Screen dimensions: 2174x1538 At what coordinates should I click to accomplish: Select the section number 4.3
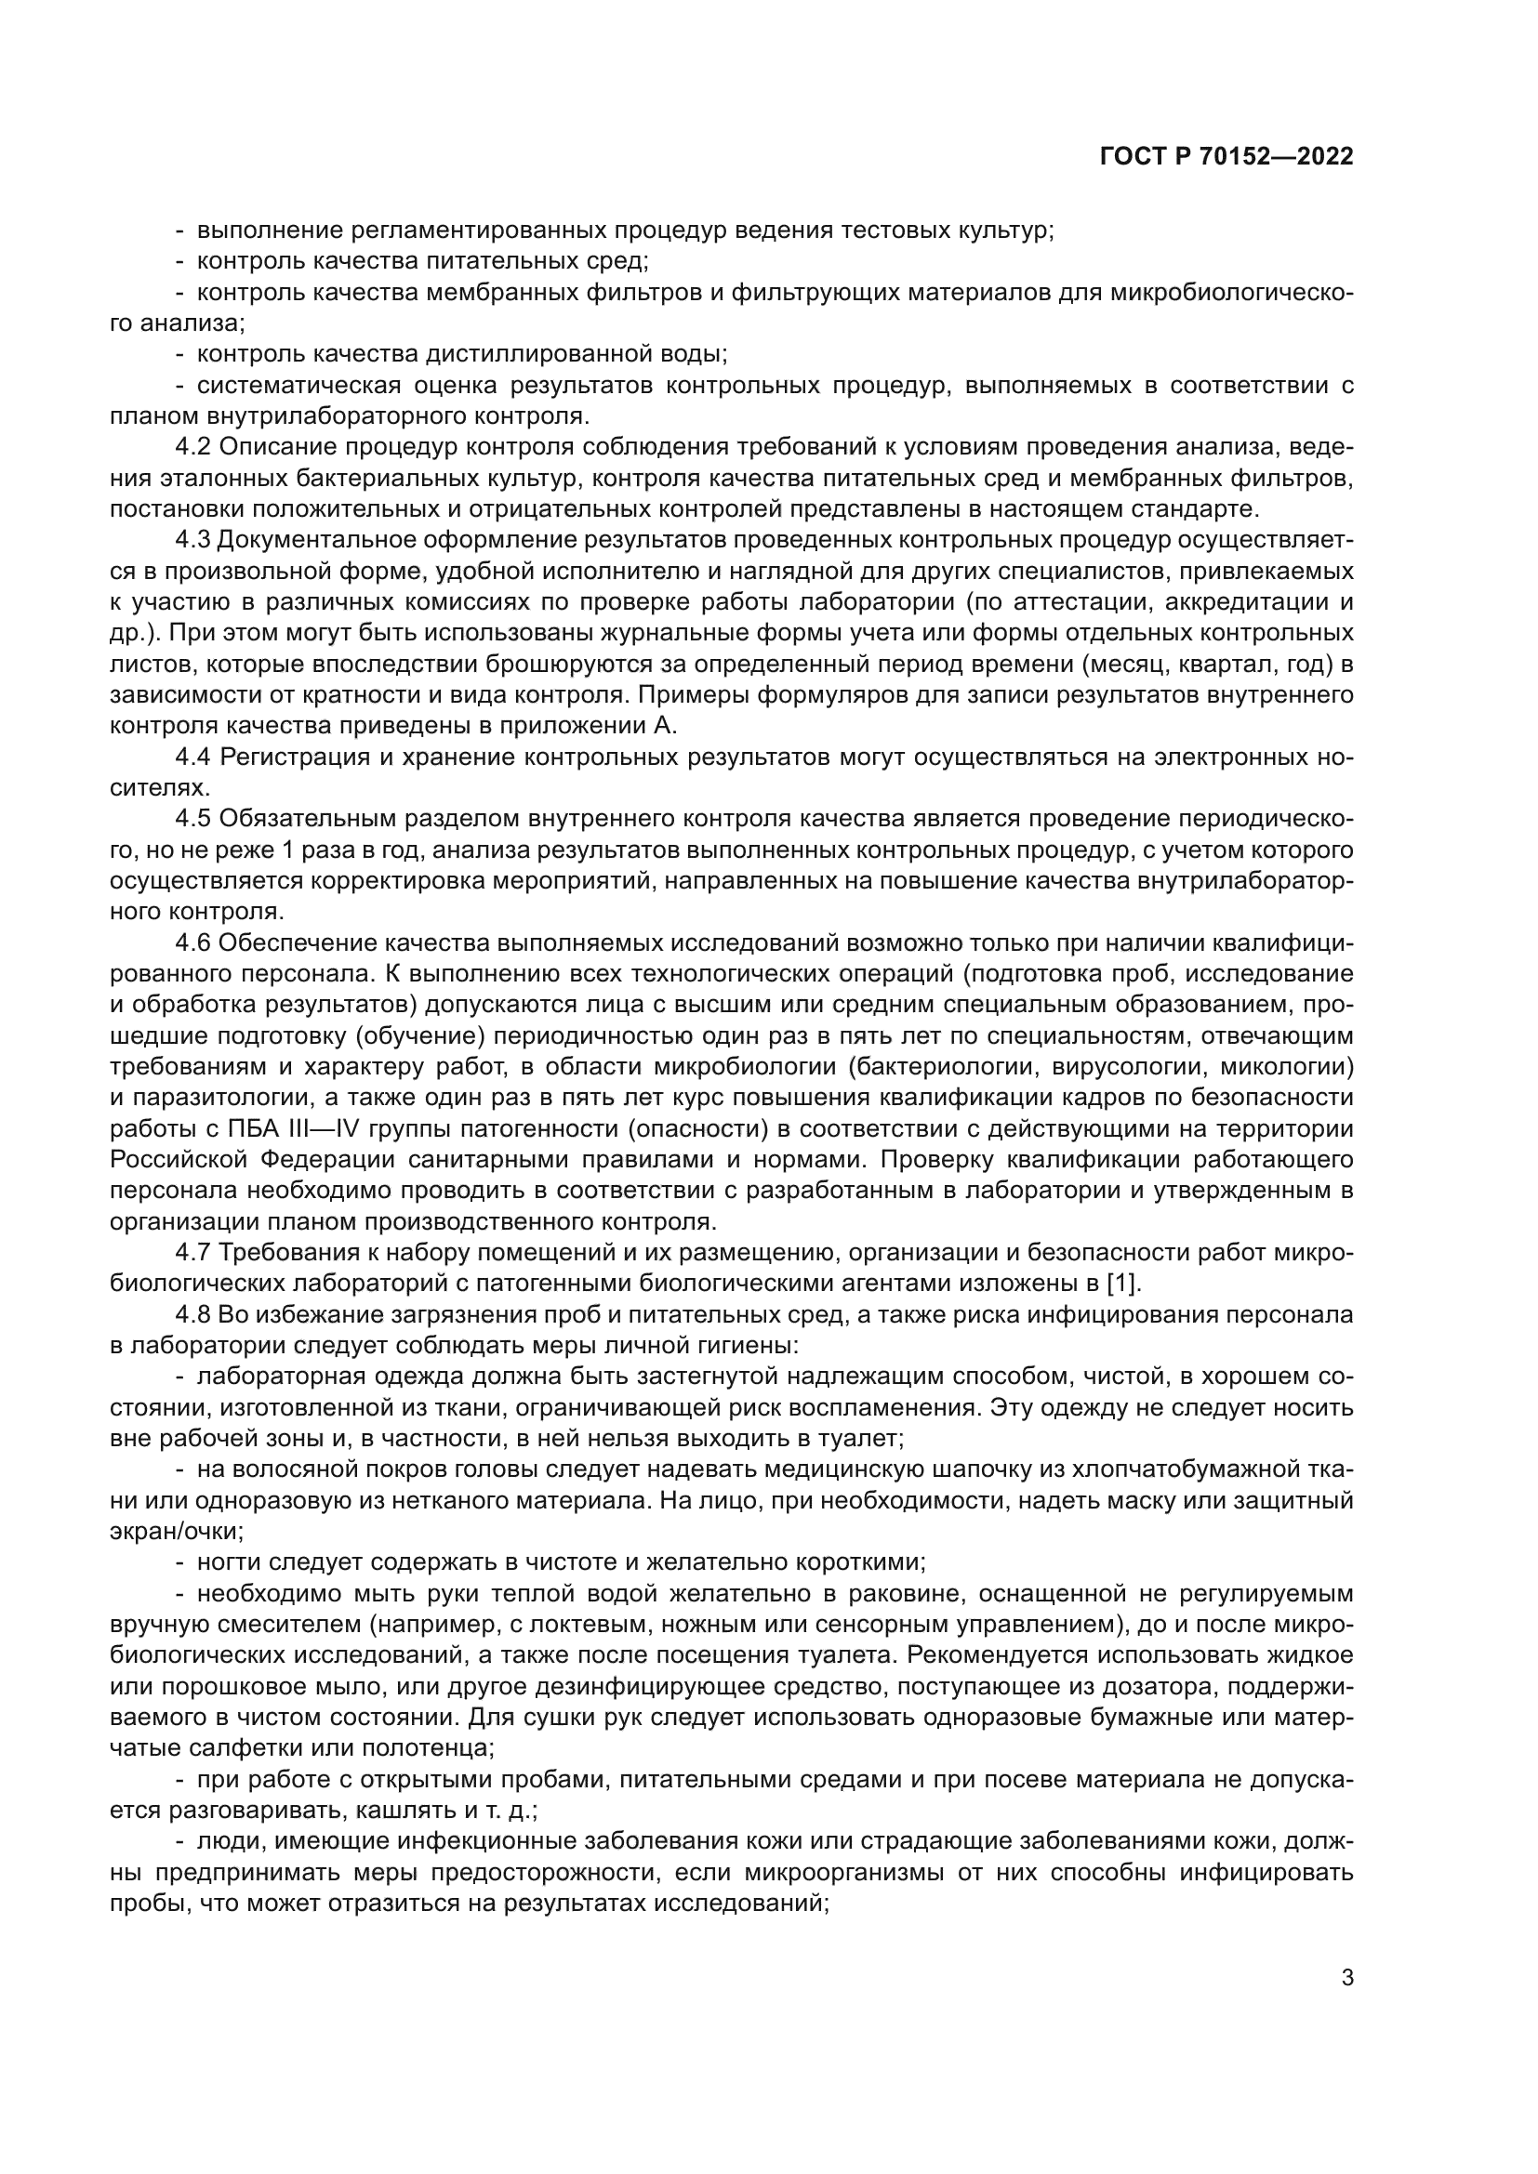(194, 540)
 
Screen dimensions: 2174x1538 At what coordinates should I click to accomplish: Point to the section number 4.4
(194, 757)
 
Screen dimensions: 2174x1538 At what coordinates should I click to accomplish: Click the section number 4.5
(194, 819)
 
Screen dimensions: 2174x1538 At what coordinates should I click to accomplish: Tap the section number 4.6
(194, 943)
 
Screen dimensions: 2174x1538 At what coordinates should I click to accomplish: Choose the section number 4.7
(194, 1253)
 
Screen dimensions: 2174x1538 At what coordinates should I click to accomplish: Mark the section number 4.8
(194, 1314)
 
